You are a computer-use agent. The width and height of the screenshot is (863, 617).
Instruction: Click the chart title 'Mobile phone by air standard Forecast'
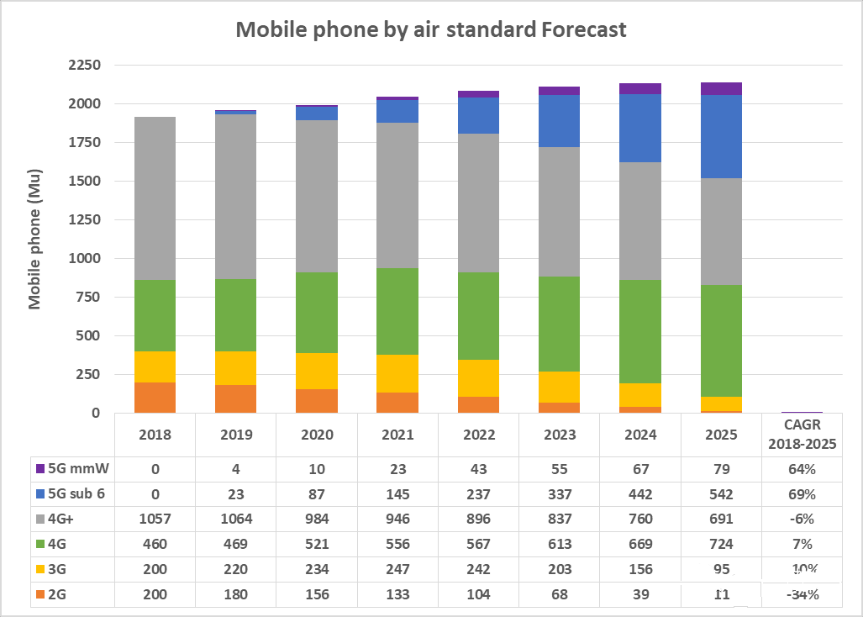coord(430,29)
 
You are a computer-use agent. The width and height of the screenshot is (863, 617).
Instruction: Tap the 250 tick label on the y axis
coord(87,374)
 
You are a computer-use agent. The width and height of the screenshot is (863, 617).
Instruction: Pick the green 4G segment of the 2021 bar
coord(397,311)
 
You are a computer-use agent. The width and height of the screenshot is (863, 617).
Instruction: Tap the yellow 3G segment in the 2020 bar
coord(317,371)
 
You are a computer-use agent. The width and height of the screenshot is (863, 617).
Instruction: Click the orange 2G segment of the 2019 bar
coord(235,398)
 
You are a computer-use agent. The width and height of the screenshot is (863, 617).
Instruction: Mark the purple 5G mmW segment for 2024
coord(640,88)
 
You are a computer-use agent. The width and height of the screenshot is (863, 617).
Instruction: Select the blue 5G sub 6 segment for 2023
coord(560,121)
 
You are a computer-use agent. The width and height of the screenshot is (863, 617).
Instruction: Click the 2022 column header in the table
coord(478,435)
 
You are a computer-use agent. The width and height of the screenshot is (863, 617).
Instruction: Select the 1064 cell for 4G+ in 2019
coord(236,519)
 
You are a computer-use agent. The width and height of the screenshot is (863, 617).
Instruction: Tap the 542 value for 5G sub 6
coord(721,493)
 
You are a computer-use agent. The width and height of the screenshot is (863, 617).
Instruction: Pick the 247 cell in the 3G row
coord(397,569)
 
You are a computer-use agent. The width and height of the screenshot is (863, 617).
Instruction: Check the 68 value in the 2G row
coord(559,594)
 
